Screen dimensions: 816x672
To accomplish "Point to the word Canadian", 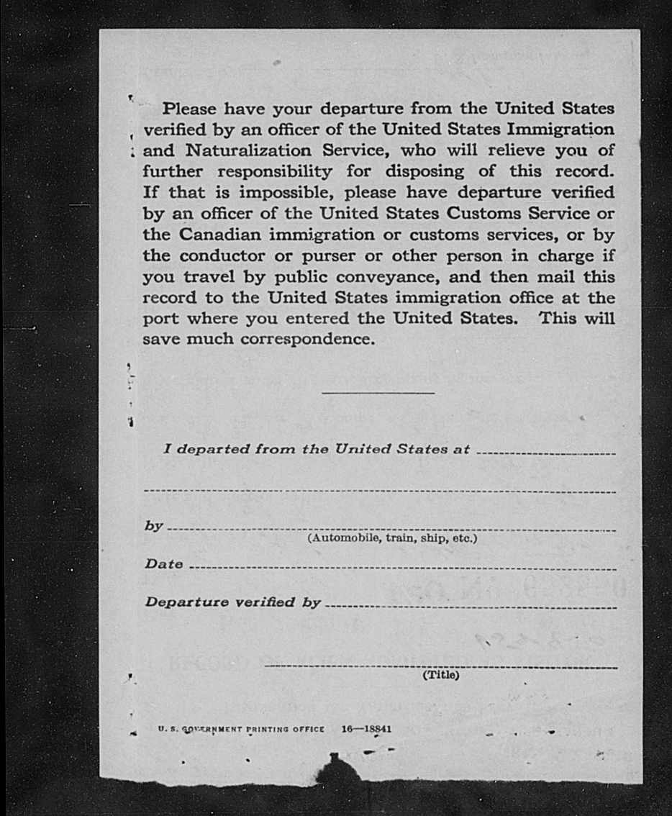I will click(x=223, y=235).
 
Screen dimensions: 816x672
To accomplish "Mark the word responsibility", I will click(x=275, y=172).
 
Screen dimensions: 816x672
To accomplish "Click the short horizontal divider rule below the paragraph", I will click(x=378, y=393).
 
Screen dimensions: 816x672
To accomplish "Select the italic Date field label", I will click(x=164, y=564).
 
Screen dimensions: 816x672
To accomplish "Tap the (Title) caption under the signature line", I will click(x=440, y=675).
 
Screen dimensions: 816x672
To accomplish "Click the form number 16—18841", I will click(x=367, y=728).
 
